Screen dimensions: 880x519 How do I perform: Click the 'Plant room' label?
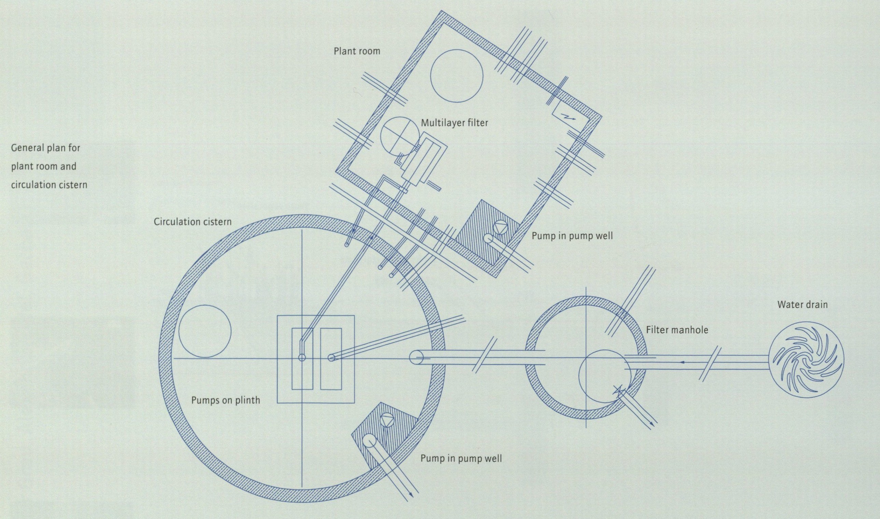(x=357, y=51)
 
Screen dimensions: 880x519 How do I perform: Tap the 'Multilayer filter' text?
(x=454, y=123)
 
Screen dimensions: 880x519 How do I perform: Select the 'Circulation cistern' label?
(x=193, y=222)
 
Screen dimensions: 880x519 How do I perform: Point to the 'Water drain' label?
(x=802, y=305)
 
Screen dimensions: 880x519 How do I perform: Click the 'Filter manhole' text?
(x=677, y=330)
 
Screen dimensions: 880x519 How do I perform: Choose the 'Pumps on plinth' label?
(x=225, y=400)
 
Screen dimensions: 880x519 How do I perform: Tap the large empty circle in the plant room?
(x=457, y=76)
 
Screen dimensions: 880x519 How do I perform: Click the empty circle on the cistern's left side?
(x=205, y=331)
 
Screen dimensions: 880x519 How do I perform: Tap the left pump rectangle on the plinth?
(x=302, y=358)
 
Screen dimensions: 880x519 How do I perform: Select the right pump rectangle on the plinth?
(x=331, y=358)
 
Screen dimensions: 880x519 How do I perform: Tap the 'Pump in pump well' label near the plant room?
(x=572, y=236)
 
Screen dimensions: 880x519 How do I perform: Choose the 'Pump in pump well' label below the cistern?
(x=461, y=459)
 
